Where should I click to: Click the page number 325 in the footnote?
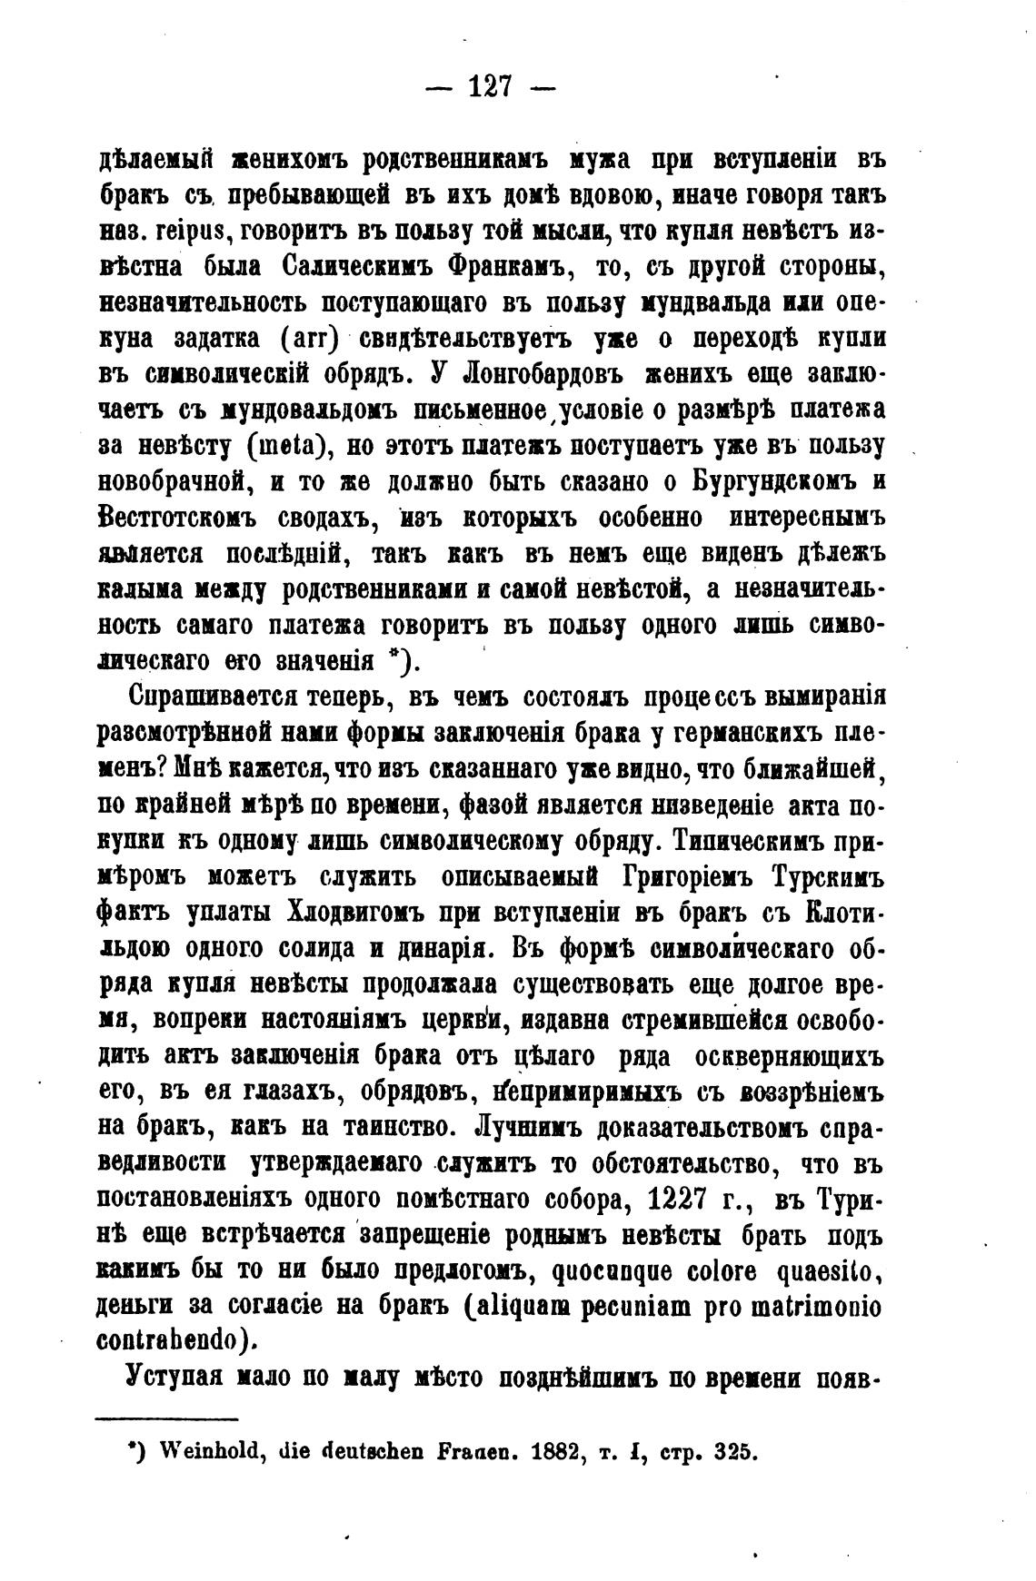point(735,1451)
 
